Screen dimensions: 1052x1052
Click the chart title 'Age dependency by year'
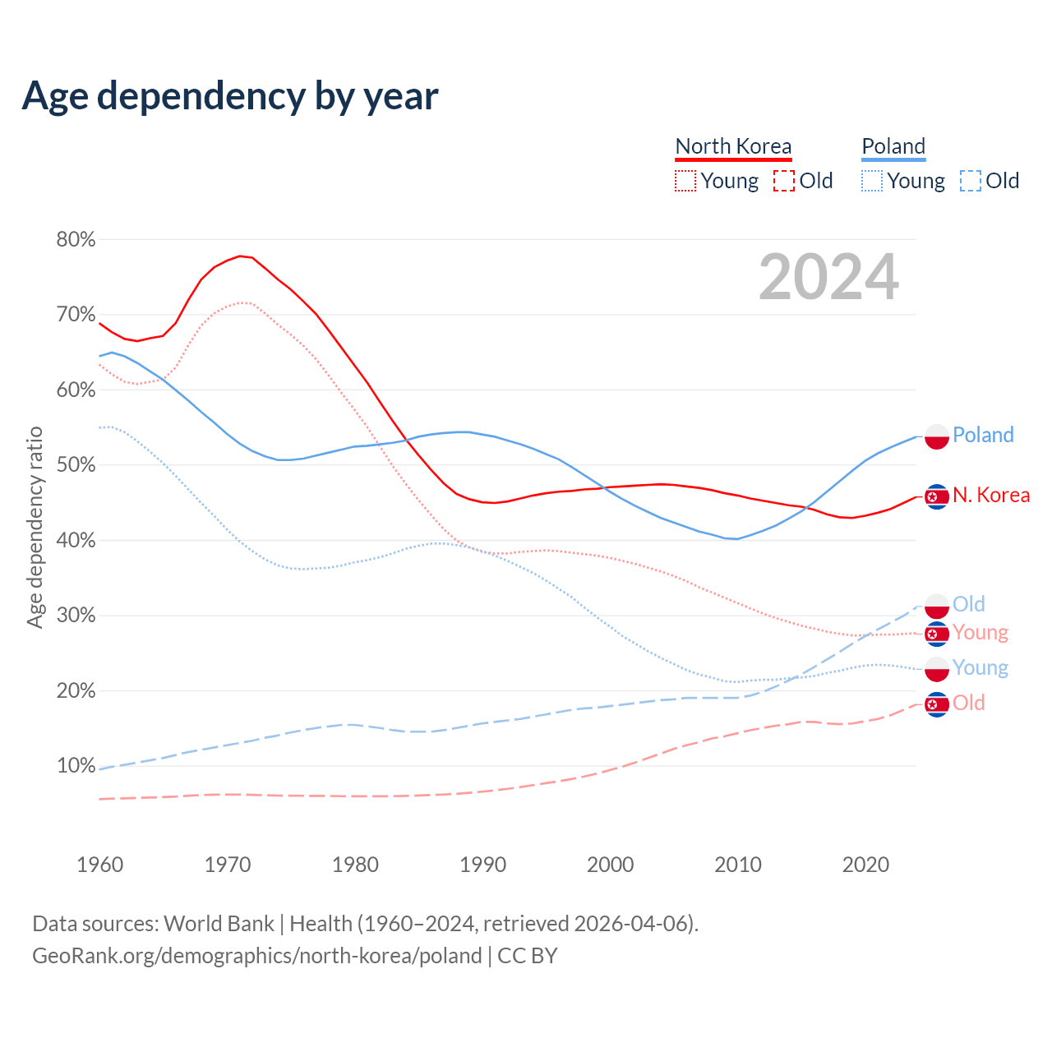tap(230, 96)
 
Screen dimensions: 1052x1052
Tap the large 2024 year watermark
tap(828, 277)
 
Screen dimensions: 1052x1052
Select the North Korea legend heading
tap(733, 146)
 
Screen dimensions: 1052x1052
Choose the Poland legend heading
tap(893, 146)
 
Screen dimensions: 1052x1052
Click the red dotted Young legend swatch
tap(685, 181)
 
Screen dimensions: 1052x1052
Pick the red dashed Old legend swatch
tap(783, 181)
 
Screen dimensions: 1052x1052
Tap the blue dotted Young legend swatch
tap(872, 181)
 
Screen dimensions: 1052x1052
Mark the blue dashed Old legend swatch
tap(970, 181)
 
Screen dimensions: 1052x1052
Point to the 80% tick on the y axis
tap(76, 239)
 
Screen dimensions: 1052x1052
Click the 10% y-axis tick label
tap(76, 766)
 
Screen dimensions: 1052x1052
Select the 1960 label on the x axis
tap(99, 865)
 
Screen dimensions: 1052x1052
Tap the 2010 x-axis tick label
tap(738, 865)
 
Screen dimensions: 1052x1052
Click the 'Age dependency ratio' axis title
tap(35, 527)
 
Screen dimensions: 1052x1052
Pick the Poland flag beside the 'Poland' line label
tap(937, 436)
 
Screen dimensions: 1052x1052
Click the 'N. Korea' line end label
tap(991, 495)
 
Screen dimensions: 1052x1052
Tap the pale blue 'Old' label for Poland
tap(968, 604)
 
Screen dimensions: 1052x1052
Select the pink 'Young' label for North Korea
tap(980, 633)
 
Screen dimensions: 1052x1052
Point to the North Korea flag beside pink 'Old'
tap(937, 704)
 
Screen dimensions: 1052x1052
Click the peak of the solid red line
tap(240, 256)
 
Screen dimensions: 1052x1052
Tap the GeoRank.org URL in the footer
tap(256, 956)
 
